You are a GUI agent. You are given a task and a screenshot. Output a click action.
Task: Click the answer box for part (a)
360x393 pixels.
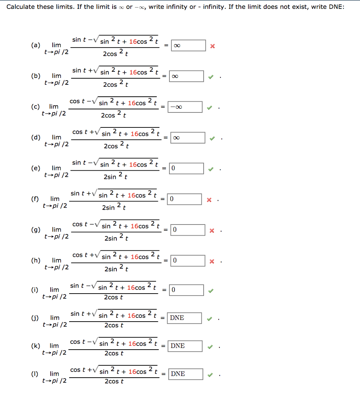pos(188,45)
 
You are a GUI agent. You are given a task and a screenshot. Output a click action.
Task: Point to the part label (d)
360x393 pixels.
pos(36,137)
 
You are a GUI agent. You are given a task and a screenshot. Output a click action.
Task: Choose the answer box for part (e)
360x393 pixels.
pos(187,168)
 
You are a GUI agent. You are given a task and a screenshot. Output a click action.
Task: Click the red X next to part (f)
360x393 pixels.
pos(209,199)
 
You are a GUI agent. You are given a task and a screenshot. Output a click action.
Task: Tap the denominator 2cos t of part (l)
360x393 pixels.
pos(114,381)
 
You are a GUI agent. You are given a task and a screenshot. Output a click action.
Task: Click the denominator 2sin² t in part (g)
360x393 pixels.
pos(116,238)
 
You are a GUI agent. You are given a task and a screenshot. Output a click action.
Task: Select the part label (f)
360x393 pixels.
pos(35,198)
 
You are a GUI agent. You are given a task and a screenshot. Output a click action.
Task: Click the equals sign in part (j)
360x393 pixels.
pos(163,318)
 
